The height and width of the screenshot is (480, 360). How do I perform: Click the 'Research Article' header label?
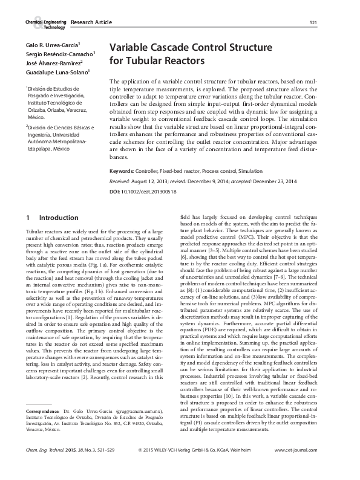[91, 23]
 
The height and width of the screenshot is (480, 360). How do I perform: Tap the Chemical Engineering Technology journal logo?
[46, 23]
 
